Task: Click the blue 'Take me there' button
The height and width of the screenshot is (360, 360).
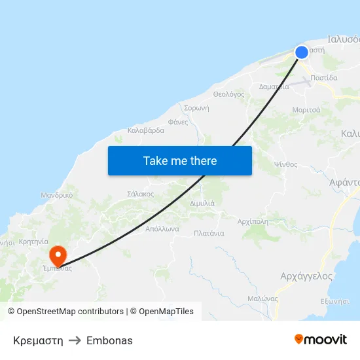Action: (x=180, y=160)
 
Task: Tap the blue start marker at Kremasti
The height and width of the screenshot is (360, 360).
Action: (x=302, y=52)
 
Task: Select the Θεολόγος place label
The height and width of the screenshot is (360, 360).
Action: (x=229, y=94)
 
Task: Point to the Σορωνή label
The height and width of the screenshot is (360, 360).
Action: (x=196, y=108)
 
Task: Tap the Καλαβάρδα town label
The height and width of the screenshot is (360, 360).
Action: (x=146, y=130)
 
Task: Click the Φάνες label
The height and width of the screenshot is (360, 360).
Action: (x=178, y=122)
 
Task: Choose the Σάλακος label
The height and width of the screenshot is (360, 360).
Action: (x=141, y=194)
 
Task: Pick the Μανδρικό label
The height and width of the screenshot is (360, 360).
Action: (x=57, y=195)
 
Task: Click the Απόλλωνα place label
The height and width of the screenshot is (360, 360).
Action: (x=162, y=230)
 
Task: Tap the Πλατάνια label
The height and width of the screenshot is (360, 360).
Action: (x=209, y=233)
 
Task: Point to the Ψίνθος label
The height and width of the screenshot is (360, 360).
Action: (x=286, y=164)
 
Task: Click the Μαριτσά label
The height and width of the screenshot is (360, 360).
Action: (x=306, y=110)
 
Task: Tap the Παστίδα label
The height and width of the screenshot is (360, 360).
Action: (x=324, y=77)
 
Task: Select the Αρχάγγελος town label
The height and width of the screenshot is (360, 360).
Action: (x=306, y=276)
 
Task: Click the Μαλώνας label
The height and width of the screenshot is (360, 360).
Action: (x=262, y=298)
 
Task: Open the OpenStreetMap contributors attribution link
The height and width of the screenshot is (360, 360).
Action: (x=70, y=312)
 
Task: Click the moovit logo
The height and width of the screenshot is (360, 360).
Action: (x=321, y=340)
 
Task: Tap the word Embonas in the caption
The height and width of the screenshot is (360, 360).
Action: (x=109, y=340)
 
